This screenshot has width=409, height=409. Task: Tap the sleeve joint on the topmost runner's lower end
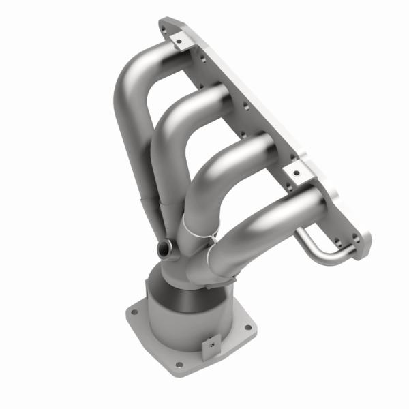click(x=147, y=202)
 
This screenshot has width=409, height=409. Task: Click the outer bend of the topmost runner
click(x=121, y=82)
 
